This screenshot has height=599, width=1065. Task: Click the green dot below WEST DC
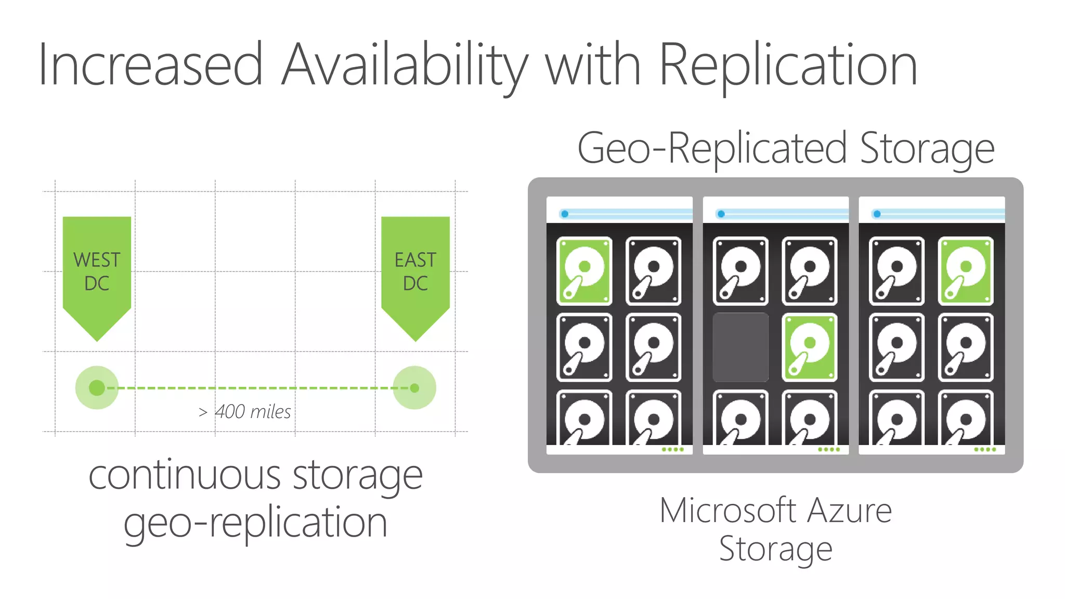[x=97, y=388]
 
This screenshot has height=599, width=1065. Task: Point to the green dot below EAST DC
[x=414, y=388]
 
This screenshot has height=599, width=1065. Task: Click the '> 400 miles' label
[x=245, y=412]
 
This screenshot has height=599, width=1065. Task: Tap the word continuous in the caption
[x=185, y=475]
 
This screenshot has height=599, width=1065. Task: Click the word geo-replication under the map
[x=255, y=523]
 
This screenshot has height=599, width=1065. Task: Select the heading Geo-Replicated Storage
[x=786, y=149]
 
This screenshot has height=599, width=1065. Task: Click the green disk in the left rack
[x=584, y=270]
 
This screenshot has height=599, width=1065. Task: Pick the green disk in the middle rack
[x=810, y=347]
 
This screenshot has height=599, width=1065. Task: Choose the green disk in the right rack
[x=966, y=270]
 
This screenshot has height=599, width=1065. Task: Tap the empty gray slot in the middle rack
[x=741, y=347]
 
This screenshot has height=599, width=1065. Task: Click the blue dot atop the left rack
[x=565, y=214]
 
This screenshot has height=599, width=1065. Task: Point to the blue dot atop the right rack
[x=877, y=214]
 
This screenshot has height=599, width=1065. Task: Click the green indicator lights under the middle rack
[x=829, y=449]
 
